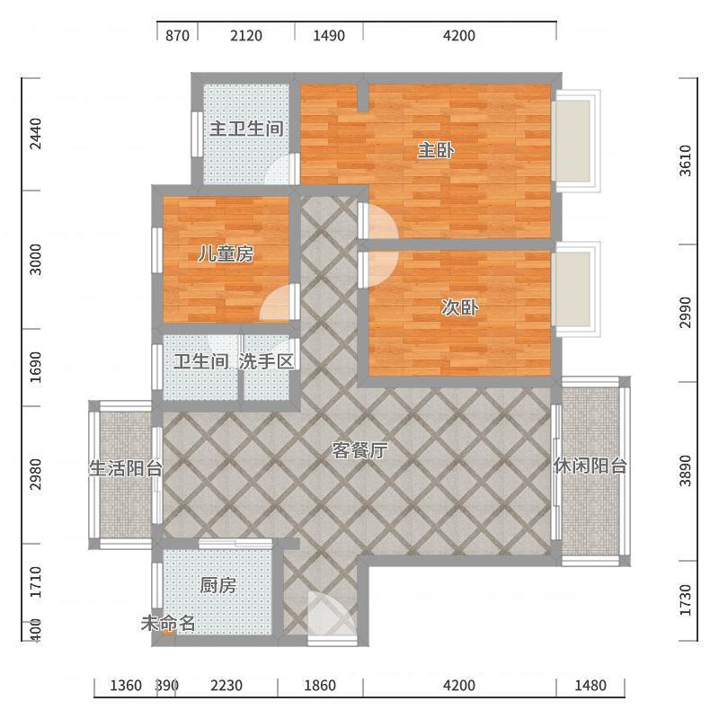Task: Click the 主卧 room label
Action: [x=436, y=150]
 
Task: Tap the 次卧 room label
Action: [x=460, y=307]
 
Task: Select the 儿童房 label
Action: [x=226, y=253]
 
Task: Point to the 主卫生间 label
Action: [x=246, y=129]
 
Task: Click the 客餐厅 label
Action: [x=360, y=450]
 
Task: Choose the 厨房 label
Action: [x=218, y=585]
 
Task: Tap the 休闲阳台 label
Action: [x=590, y=466]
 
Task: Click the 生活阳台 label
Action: [x=126, y=468]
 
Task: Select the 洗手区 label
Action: [x=266, y=362]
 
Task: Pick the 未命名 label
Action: [x=168, y=623]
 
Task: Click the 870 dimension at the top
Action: [x=177, y=35]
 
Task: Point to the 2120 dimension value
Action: [x=246, y=35]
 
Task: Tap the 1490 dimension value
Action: [x=329, y=35]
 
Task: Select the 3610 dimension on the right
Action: [x=685, y=161]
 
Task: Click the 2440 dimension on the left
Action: [x=35, y=134]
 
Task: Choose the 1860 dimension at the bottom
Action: [x=320, y=686]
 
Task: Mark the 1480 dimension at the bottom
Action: [x=590, y=686]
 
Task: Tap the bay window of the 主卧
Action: [x=576, y=141]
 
